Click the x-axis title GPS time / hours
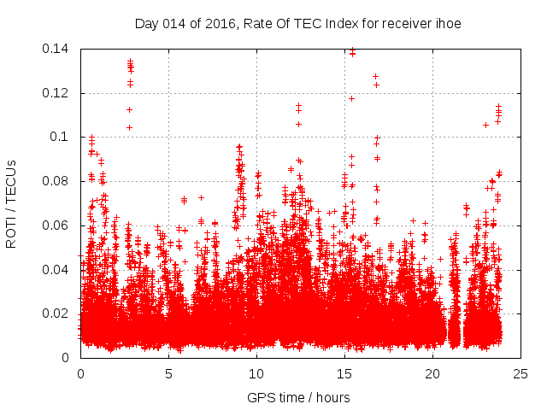point(298,397)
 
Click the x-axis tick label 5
point(169,373)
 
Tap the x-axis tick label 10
point(256,373)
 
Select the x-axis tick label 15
point(344,373)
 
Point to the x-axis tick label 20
point(432,373)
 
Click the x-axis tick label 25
point(521,373)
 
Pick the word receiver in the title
point(406,23)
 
